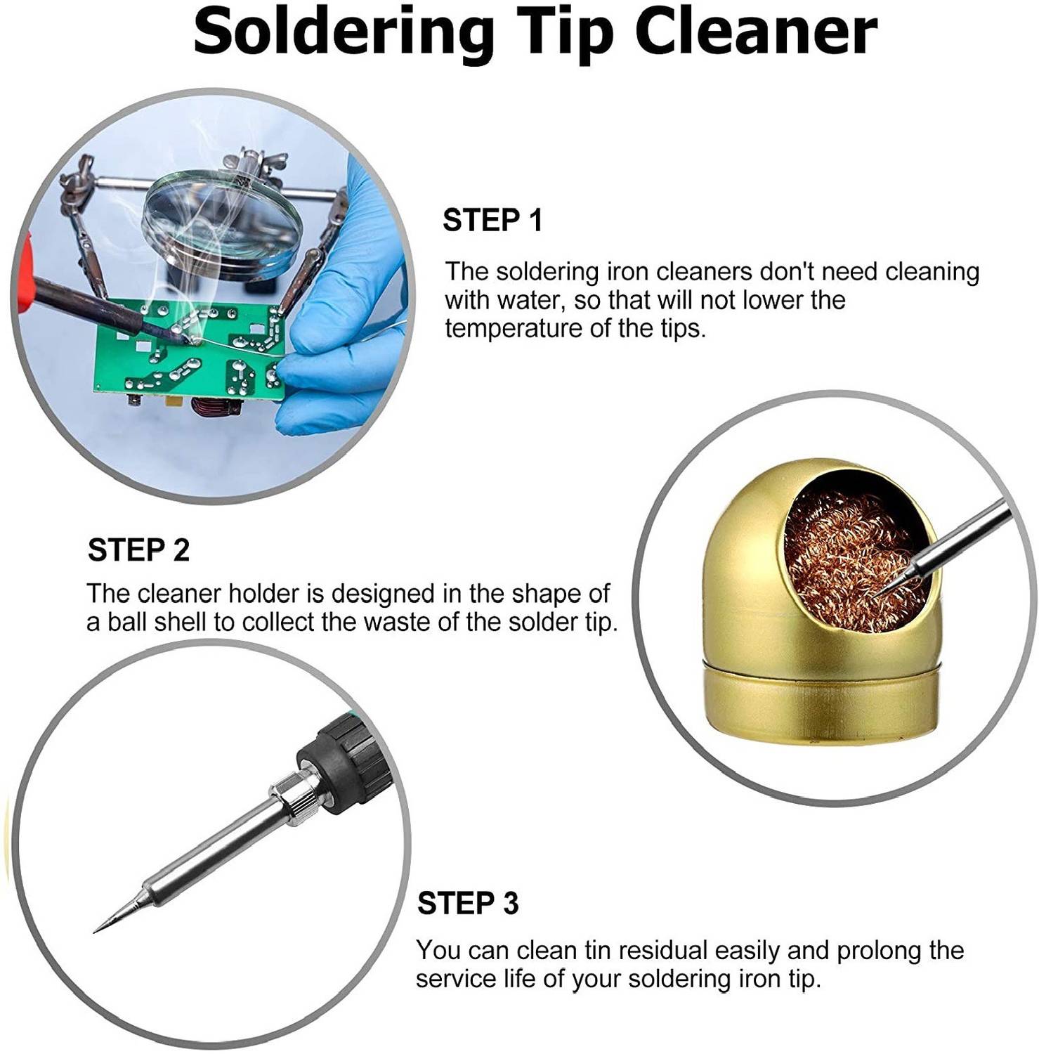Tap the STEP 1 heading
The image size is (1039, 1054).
point(492,220)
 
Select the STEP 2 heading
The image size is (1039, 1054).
point(138,549)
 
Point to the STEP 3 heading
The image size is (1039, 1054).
point(468,903)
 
